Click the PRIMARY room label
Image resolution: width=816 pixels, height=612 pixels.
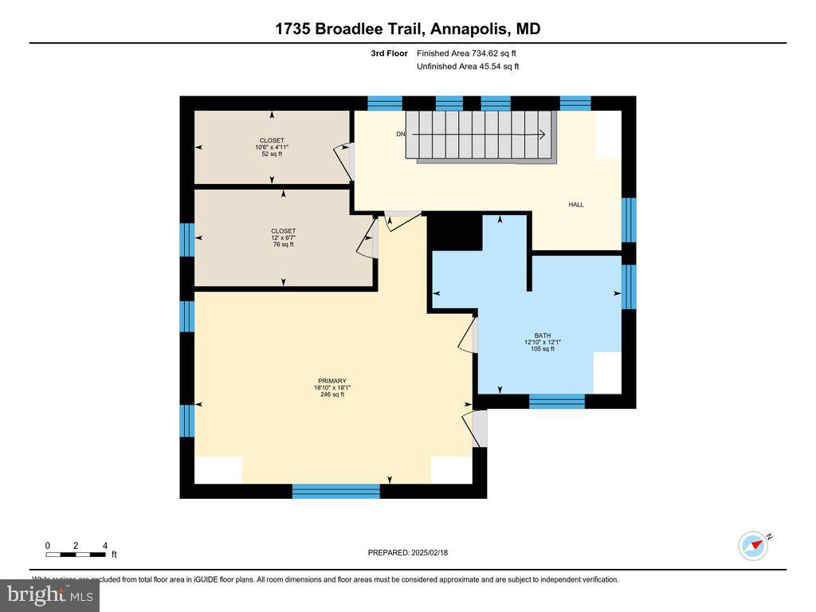coord(331,381)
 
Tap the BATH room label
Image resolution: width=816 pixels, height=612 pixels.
coord(542,335)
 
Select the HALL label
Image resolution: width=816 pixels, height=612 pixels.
coord(575,205)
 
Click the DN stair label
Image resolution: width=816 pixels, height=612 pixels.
coord(401,134)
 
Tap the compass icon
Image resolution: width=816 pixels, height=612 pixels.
coord(753,546)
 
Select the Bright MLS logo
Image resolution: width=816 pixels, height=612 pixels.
coord(49,594)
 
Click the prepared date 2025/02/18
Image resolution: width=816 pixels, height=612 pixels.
coord(413,552)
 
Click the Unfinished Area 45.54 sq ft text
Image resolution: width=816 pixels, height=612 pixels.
coord(468,66)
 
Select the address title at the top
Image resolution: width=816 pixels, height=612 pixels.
coord(408,29)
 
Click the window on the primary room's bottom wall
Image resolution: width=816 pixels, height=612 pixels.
coord(335,491)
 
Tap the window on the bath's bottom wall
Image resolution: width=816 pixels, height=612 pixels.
coord(557,401)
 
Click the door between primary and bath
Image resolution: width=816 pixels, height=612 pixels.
coord(469,335)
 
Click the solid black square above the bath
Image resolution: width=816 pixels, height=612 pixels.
coord(456,233)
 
